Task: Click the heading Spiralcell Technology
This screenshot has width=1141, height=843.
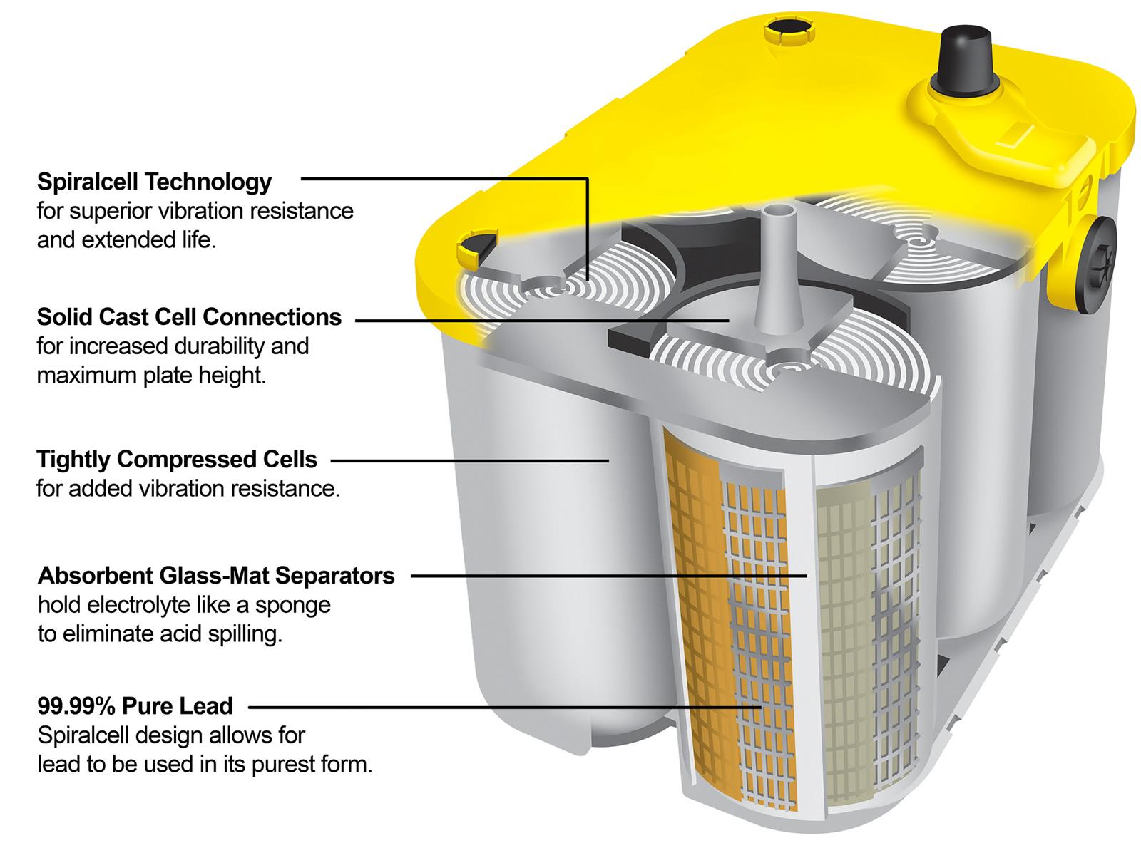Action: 154,182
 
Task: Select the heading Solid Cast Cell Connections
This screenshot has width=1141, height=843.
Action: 189,317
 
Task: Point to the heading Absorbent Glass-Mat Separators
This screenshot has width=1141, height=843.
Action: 216,576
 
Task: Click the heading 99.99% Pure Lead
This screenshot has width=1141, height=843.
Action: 135,705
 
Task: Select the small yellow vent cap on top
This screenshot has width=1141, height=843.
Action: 789,31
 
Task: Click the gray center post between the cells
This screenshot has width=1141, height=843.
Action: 777,267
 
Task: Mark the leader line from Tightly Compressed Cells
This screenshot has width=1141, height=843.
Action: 470,461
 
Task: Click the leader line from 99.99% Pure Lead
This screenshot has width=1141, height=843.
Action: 505,708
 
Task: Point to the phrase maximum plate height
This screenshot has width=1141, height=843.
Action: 151,376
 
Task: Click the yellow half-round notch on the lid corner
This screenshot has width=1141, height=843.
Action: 477,247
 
